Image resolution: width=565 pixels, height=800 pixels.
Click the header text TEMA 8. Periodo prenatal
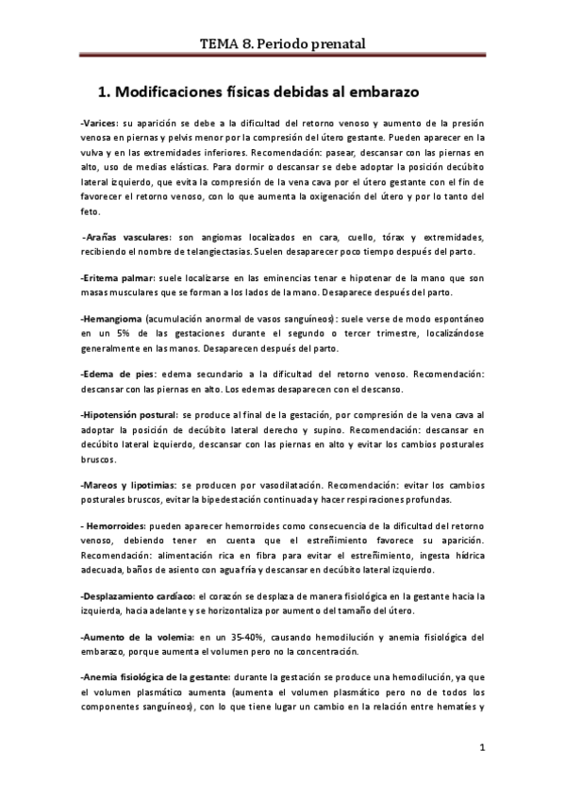(283, 42)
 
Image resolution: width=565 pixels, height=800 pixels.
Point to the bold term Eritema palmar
(120, 278)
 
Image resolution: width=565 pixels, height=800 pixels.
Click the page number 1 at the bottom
(481, 750)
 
